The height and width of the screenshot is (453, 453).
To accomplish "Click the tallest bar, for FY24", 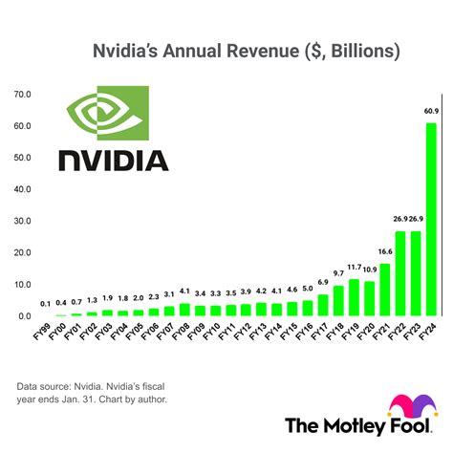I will coord(431,219).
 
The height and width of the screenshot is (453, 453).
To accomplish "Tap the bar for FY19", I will coord(354,297).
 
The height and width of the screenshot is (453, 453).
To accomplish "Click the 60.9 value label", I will coord(431,112).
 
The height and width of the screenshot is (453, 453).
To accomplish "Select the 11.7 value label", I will coord(354,267).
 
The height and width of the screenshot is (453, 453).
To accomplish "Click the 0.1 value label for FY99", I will coord(46,304).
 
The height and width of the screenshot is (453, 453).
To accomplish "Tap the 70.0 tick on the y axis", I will coord(21,95).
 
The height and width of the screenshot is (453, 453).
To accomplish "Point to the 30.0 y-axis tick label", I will coord(21,221).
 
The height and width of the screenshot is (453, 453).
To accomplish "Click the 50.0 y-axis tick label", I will coord(21,158).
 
